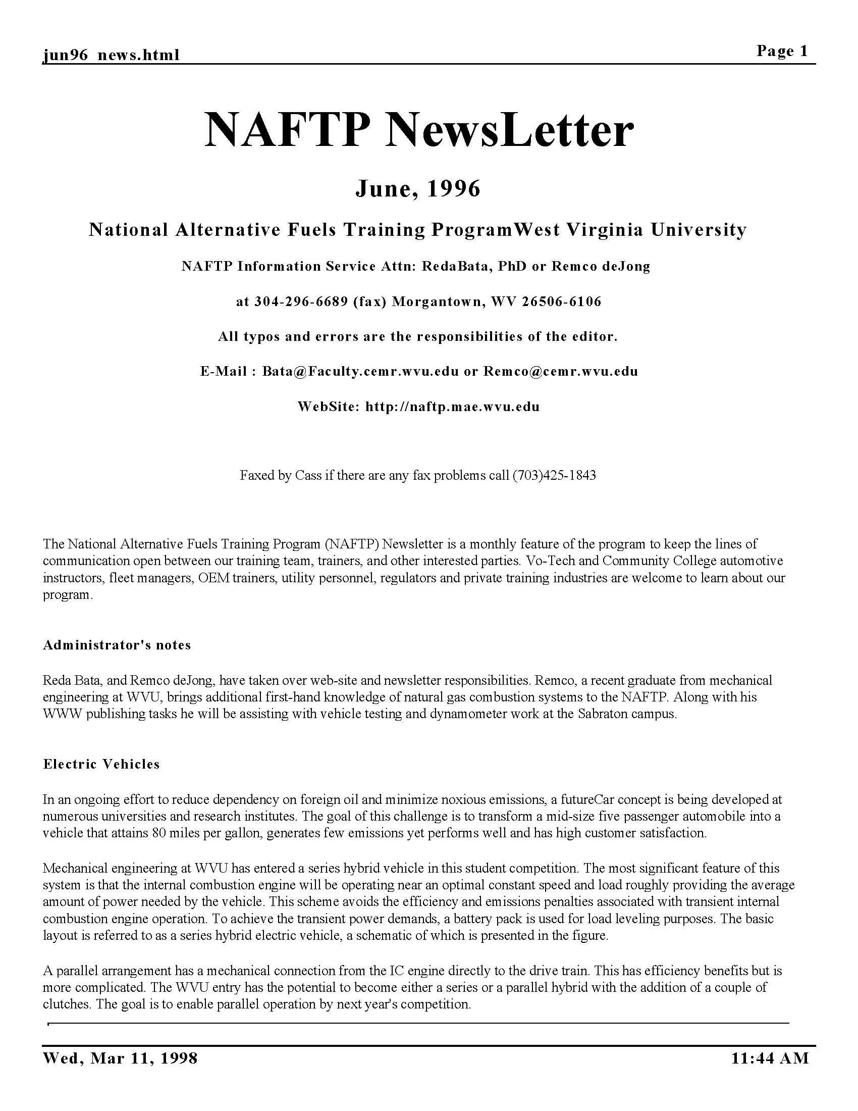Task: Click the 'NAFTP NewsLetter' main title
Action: pyautogui.click(x=419, y=131)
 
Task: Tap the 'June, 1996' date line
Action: pyautogui.click(x=418, y=189)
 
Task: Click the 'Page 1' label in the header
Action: pyautogui.click(x=782, y=51)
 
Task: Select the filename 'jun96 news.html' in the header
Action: pyautogui.click(x=111, y=55)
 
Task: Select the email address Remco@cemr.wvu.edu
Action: pyautogui.click(x=560, y=371)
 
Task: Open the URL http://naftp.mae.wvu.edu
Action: pyautogui.click(x=452, y=407)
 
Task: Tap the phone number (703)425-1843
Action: pyautogui.click(x=554, y=476)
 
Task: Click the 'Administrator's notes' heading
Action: pyautogui.click(x=117, y=645)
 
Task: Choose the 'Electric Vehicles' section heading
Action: pyautogui.click(x=101, y=764)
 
